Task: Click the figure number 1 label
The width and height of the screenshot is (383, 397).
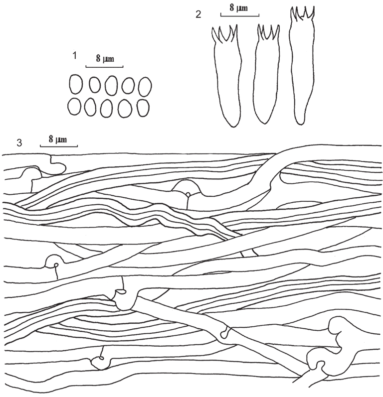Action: click(x=74, y=56)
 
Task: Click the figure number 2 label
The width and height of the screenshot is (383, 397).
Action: click(x=198, y=15)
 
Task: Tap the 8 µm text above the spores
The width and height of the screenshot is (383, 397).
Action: click(x=104, y=60)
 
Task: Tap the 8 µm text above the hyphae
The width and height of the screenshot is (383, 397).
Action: click(x=58, y=139)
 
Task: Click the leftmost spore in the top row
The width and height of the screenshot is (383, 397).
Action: click(x=75, y=85)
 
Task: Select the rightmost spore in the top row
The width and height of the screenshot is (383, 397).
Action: click(x=145, y=86)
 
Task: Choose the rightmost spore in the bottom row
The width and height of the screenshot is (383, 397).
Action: click(x=143, y=108)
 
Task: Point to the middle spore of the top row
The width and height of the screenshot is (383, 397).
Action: click(x=111, y=86)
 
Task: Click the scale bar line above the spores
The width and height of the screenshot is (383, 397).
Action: click(x=104, y=67)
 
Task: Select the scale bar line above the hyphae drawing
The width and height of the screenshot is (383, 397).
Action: click(x=58, y=146)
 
